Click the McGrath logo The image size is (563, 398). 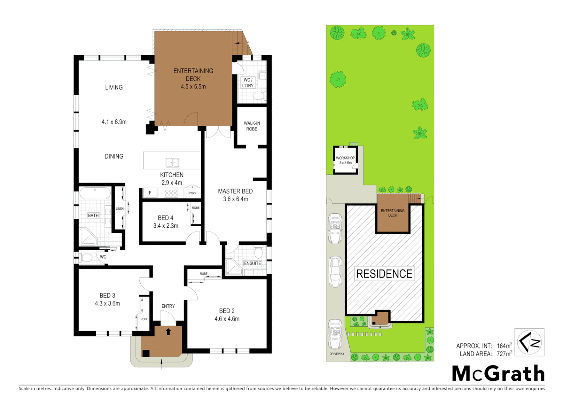click(x=498, y=373)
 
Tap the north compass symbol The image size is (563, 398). click(x=529, y=342)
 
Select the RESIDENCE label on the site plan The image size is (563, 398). click(x=384, y=274)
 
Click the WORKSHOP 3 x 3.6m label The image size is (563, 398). click(x=345, y=160)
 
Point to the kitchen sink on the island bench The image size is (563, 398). click(x=172, y=163)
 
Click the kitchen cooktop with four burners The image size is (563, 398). click(x=171, y=193)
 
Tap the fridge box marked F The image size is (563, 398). click(x=150, y=193)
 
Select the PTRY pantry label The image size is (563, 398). click(x=192, y=193)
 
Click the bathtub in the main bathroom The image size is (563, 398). click(x=95, y=193)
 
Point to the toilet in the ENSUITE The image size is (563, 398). click(x=259, y=253)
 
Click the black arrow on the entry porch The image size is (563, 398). click(x=168, y=332)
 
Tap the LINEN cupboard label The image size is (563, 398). click(x=120, y=209)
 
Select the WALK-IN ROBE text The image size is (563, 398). click(x=252, y=126)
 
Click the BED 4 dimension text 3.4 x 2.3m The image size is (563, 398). click(x=166, y=226)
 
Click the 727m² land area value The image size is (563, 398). click(x=504, y=354)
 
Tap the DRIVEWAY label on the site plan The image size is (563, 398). click(x=337, y=354)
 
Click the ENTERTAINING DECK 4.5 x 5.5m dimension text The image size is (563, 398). click(x=193, y=87)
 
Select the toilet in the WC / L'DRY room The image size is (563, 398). click(x=259, y=96)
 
